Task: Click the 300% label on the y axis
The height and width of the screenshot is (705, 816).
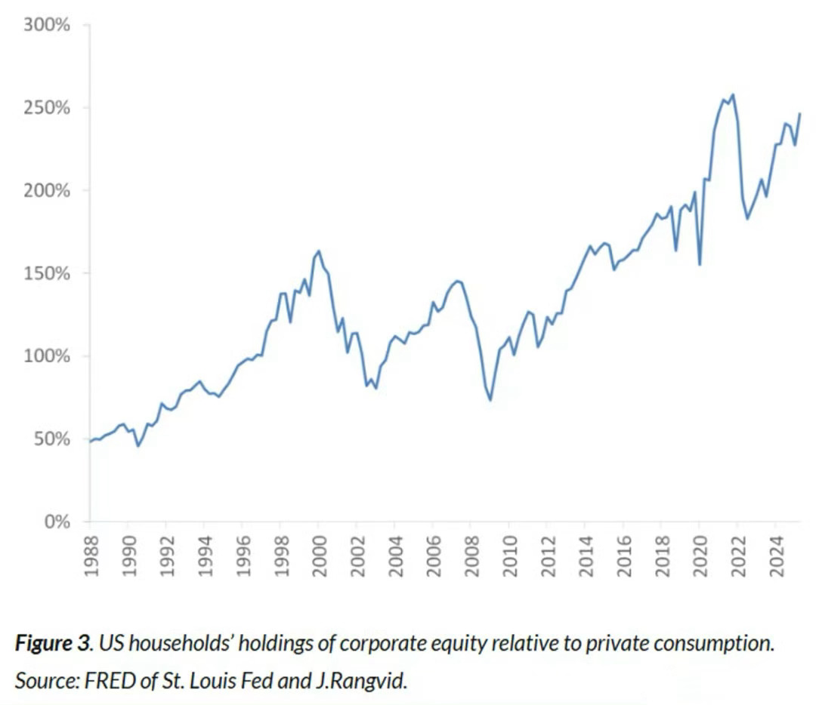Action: coord(47,25)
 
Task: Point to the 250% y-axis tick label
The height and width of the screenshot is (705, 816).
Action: coord(47,108)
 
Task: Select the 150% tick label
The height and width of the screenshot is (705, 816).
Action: coord(47,273)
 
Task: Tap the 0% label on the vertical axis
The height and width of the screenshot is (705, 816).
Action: coord(55,522)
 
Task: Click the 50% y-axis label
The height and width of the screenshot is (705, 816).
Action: coord(51,439)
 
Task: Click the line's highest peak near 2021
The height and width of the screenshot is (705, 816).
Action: coord(733,94)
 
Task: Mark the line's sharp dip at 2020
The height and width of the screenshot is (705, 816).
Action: coord(700,264)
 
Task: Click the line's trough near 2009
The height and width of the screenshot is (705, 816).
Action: coord(490,399)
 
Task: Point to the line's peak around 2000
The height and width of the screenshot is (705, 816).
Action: coord(319,251)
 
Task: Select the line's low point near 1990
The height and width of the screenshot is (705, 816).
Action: coord(138,445)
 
